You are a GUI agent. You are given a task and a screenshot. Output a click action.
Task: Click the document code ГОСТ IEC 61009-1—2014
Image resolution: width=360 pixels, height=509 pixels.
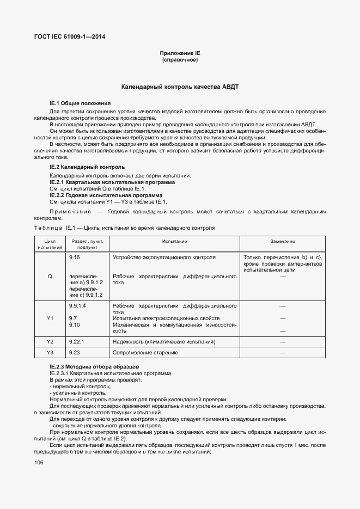pyautogui.click(x=70, y=37)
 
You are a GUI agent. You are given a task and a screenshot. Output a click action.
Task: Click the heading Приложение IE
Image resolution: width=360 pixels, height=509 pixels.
pyautogui.click(x=180, y=53)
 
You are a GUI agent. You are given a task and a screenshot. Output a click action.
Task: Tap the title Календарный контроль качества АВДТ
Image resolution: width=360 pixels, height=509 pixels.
pyautogui.click(x=180, y=87)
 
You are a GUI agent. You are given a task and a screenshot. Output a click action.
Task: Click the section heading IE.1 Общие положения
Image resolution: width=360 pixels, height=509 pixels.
pyautogui.click(x=80, y=103)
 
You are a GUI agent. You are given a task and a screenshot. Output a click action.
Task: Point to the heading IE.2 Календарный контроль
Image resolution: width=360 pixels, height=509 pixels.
pyautogui.click(x=87, y=167)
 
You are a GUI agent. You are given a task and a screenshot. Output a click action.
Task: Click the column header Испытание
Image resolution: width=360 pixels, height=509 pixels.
pyautogui.click(x=174, y=241)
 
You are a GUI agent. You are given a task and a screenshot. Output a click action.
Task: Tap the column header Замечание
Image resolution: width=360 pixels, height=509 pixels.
pyautogui.click(x=283, y=241)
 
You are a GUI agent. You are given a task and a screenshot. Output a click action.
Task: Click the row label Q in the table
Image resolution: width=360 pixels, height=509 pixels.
pyautogui.click(x=50, y=276)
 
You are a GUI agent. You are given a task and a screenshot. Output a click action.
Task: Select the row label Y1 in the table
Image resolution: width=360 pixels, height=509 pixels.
pyautogui.click(x=50, y=318)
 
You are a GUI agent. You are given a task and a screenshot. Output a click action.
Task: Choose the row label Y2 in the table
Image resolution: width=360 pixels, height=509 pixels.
pyautogui.click(x=50, y=341)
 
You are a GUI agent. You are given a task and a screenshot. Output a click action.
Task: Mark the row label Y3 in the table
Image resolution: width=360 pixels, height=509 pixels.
pyautogui.click(x=50, y=353)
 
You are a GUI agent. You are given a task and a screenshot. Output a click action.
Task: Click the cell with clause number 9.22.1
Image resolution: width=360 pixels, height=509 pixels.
pyautogui.click(x=77, y=341)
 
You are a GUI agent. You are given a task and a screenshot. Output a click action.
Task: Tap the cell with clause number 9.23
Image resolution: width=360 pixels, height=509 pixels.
pyautogui.click(x=75, y=353)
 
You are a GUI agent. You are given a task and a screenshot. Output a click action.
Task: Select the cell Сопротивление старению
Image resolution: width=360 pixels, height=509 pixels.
pyautogui.click(x=145, y=353)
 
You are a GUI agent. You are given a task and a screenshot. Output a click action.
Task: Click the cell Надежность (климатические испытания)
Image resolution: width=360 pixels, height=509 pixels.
pyautogui.click(x=163, y=341)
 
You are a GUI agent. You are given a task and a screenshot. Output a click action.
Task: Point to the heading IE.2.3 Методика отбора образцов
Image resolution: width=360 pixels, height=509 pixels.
pyautogui.click(x=94, y=367)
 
